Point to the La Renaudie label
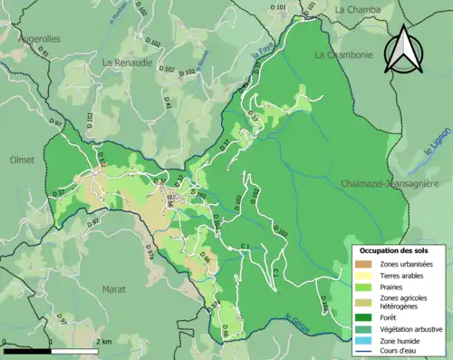pos(128,63)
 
